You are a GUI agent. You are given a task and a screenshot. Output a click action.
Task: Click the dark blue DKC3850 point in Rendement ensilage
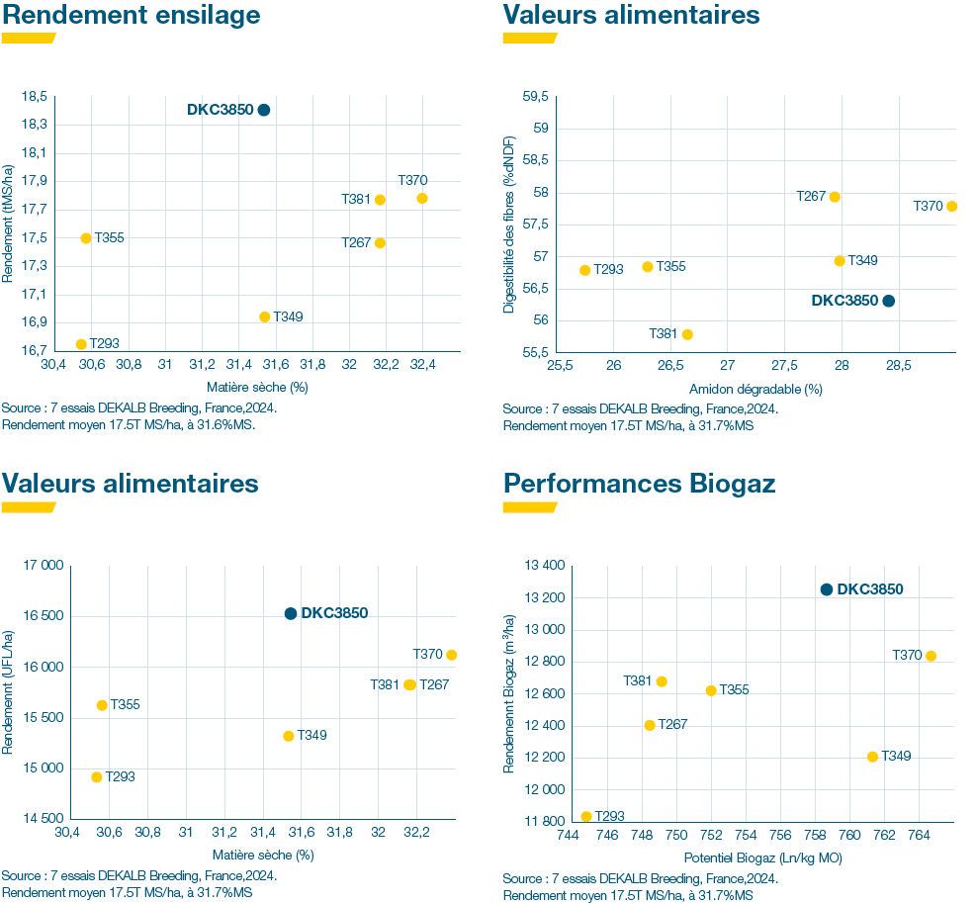[x=264, y=110]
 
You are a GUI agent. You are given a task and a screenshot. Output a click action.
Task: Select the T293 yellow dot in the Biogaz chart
[x=586, y=817]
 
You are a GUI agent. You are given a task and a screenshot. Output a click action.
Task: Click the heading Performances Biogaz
[x=639, y=483]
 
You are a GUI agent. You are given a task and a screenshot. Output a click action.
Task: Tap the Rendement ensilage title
[x=132, y=15]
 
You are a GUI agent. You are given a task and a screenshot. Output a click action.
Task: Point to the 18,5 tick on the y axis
[x=34, y=96]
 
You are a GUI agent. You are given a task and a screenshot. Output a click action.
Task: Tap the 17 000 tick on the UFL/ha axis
[x=44, y=566]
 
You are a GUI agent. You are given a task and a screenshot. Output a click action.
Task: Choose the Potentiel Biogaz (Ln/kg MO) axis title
[x=762, y=858]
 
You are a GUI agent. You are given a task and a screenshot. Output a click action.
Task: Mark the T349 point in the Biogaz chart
[x=872, y=757]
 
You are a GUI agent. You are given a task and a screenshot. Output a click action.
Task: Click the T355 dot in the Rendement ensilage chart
[x=86, y=238]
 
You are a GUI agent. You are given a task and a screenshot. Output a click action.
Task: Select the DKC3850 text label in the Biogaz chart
[x=870, y=589]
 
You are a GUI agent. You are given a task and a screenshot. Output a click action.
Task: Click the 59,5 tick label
[x=534, y=96]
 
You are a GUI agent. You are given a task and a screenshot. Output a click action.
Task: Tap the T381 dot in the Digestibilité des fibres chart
[x=687, y=334]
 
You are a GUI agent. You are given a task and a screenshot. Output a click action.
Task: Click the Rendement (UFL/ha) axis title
[x=9, y=692]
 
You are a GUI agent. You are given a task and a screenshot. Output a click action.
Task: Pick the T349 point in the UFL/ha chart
[x=289, y=736]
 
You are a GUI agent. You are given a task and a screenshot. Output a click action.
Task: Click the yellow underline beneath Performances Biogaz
[x=529, y=507]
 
